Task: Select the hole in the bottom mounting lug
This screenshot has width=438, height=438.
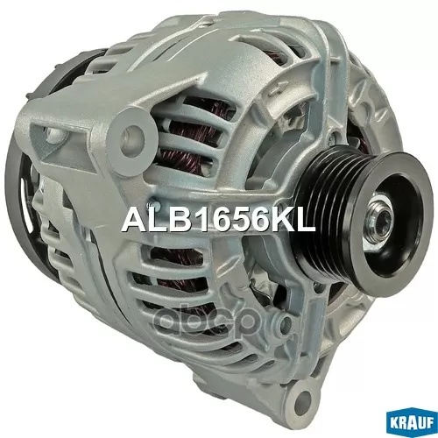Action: [304, 397]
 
